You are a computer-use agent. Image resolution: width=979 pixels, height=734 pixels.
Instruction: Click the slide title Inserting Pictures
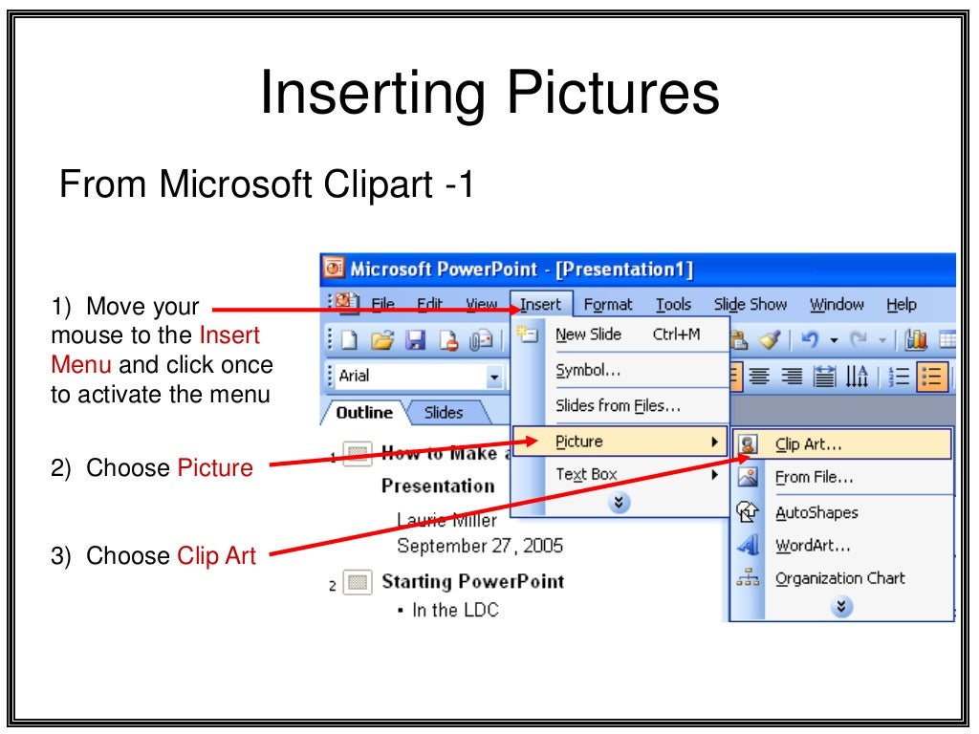tap(489, 95)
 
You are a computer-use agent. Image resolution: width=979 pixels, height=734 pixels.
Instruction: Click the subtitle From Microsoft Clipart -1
tap(267, 183)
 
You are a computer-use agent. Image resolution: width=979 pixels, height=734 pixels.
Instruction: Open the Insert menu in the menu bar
tap(541, 305)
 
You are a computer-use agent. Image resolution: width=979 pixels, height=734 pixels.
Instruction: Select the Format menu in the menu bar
tap(608, 305)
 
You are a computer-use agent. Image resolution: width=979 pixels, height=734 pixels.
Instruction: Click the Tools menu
tap(673, 305)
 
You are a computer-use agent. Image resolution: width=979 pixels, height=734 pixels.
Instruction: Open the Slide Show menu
tap(751, 305)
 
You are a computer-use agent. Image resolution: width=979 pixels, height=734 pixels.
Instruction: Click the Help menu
tap(901, 305)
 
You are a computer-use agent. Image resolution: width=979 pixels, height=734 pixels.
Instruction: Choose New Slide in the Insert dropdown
tap(588, 335)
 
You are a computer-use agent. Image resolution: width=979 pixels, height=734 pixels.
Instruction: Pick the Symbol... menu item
tap(588, 371)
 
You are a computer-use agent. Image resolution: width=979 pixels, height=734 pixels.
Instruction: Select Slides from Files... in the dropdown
tap(618, 405)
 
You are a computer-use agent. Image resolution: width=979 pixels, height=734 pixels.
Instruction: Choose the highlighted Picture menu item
tap(579, 442)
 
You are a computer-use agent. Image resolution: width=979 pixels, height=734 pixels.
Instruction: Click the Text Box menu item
tap(586, 474)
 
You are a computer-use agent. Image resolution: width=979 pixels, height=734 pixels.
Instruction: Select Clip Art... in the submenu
tap(808, 444)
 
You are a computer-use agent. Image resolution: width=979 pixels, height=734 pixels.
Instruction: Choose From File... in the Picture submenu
tap(814, 477)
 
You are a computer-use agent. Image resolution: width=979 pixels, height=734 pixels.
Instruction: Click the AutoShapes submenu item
tap(816, 513)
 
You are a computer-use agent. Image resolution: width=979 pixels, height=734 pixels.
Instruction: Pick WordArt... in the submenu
tap(813, 546)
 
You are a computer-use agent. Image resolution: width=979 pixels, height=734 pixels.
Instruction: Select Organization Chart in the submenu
tap(839, 578)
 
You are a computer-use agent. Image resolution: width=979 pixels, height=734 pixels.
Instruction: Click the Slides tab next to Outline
tap(444, 413)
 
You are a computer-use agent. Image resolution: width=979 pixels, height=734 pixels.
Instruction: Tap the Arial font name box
tap(411, 377)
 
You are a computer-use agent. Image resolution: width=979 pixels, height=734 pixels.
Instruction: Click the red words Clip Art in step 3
tap(216, 556)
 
